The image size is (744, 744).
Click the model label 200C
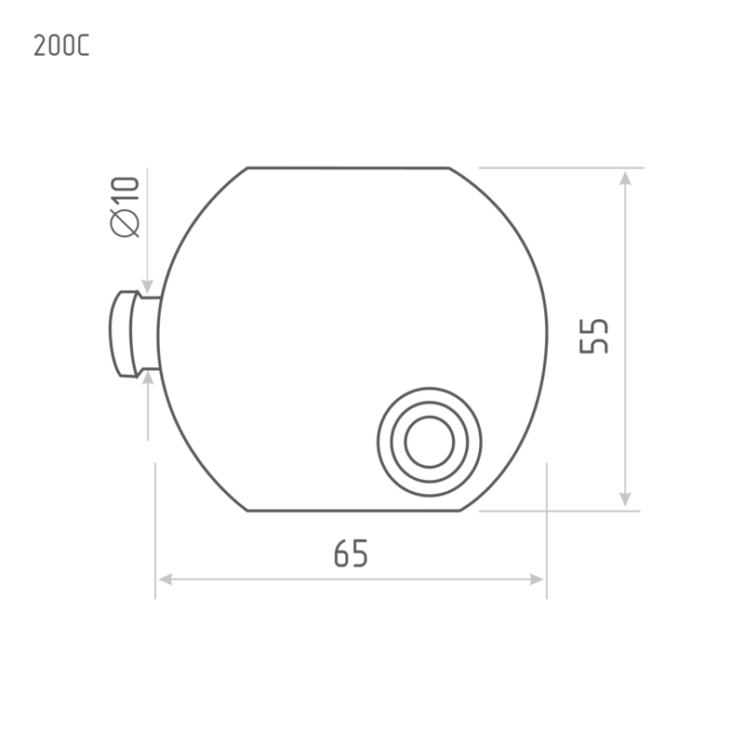coord(61,46)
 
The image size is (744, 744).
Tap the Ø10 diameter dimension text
coord(125,206)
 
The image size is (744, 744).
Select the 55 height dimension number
coord(593,337)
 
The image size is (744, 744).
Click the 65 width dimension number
coord(352,553)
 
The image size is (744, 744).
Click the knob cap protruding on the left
coord(122,334)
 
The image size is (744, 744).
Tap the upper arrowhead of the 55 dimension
coord(625,179)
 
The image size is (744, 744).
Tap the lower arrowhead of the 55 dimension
coord(625,499)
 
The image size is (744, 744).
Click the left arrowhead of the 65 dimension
coord(166,579)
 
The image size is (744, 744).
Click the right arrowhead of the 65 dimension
coord(537,579)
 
